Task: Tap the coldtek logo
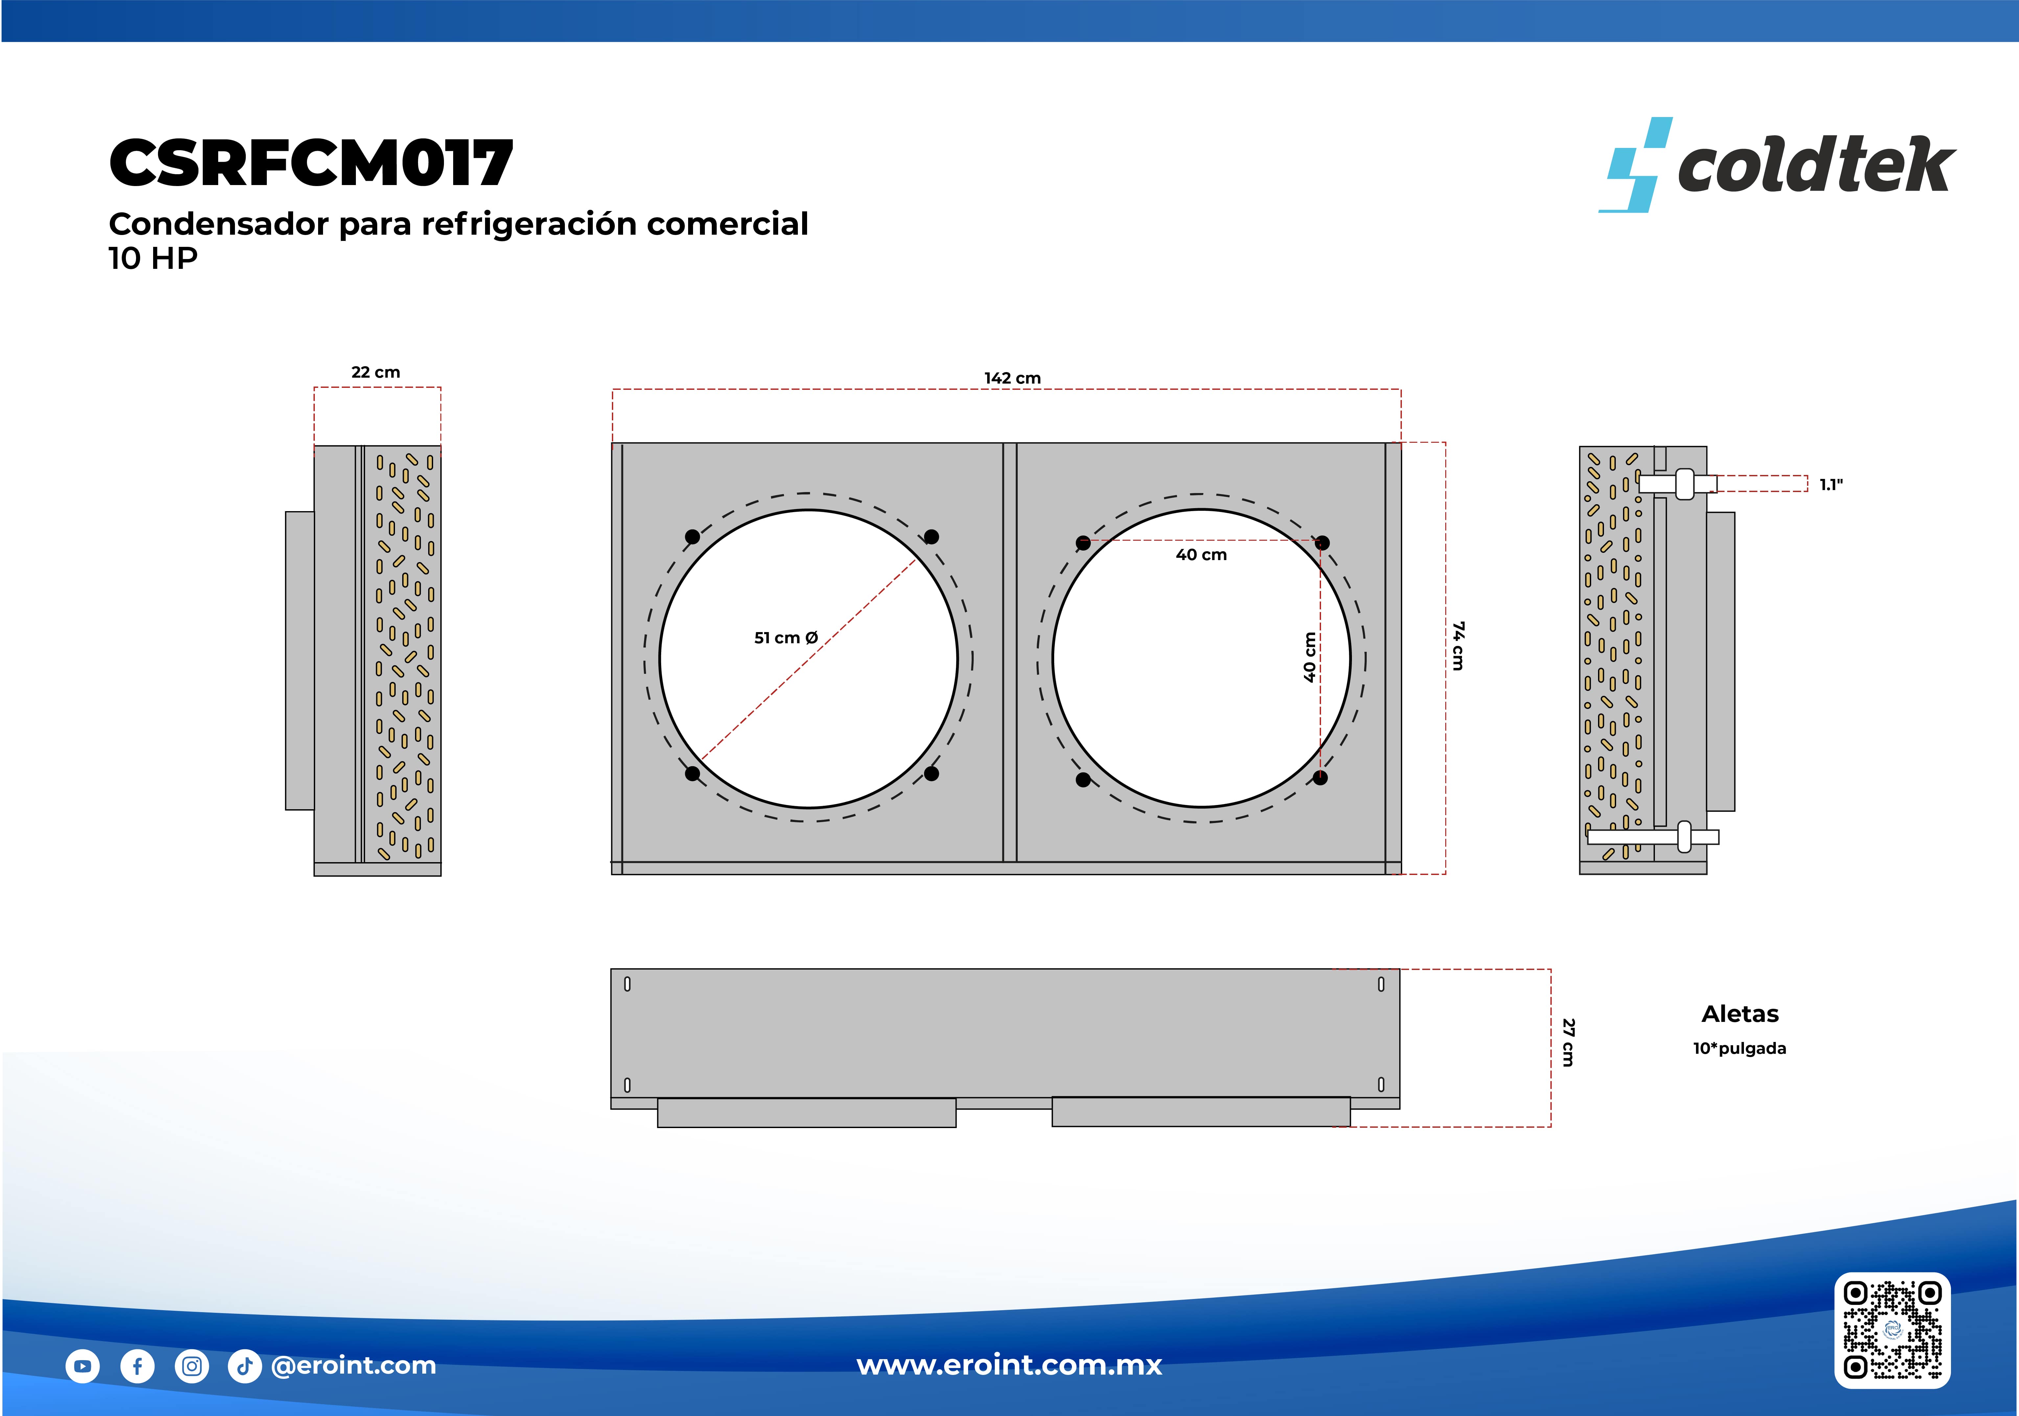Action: pos(1776,164)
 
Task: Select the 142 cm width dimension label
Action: pos(1012,378)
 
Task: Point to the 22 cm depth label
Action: pos(376,372)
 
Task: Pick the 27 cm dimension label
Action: pos(1568,1042)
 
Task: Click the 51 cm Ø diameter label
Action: pos(786,638)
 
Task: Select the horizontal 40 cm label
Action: pos(1201,555)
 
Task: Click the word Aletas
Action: pos(1740,1014)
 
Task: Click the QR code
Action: pos(1892,1330)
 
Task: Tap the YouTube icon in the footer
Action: pos(83,1366)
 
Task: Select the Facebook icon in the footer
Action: pos(137,1366)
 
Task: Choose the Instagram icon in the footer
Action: pos(192,1366)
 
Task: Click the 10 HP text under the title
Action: pos(153,259)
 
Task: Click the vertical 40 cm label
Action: pos(1310,657)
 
